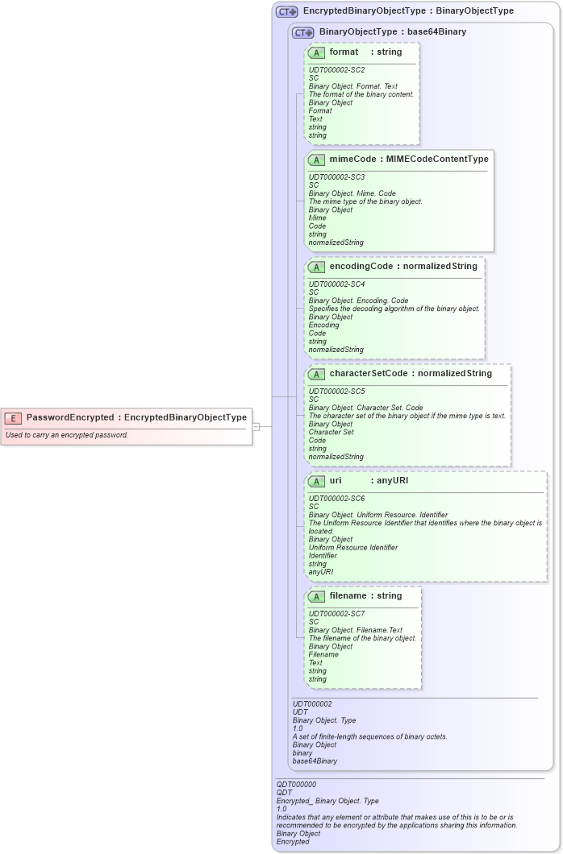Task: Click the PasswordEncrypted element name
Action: [x=70, y=417]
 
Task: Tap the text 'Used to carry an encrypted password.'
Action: [x=67, y=435]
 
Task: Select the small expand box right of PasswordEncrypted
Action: [x=256, y=426]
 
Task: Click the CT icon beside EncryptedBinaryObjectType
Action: [x=287, y=12]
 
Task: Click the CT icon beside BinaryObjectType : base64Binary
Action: [x=303, y=32]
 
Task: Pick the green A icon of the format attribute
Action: [x=317, y=52]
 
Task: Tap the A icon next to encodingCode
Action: [x=317, y=267]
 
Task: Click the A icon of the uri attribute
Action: [x=317, y=481]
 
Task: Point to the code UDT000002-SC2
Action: [x=336, y=70]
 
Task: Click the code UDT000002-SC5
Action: [x=336, y=392]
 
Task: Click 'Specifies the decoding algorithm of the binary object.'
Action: [x=394, y=309]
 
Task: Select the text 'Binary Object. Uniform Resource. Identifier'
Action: [x=377, y=515]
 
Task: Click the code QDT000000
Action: [x=296, y=784]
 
